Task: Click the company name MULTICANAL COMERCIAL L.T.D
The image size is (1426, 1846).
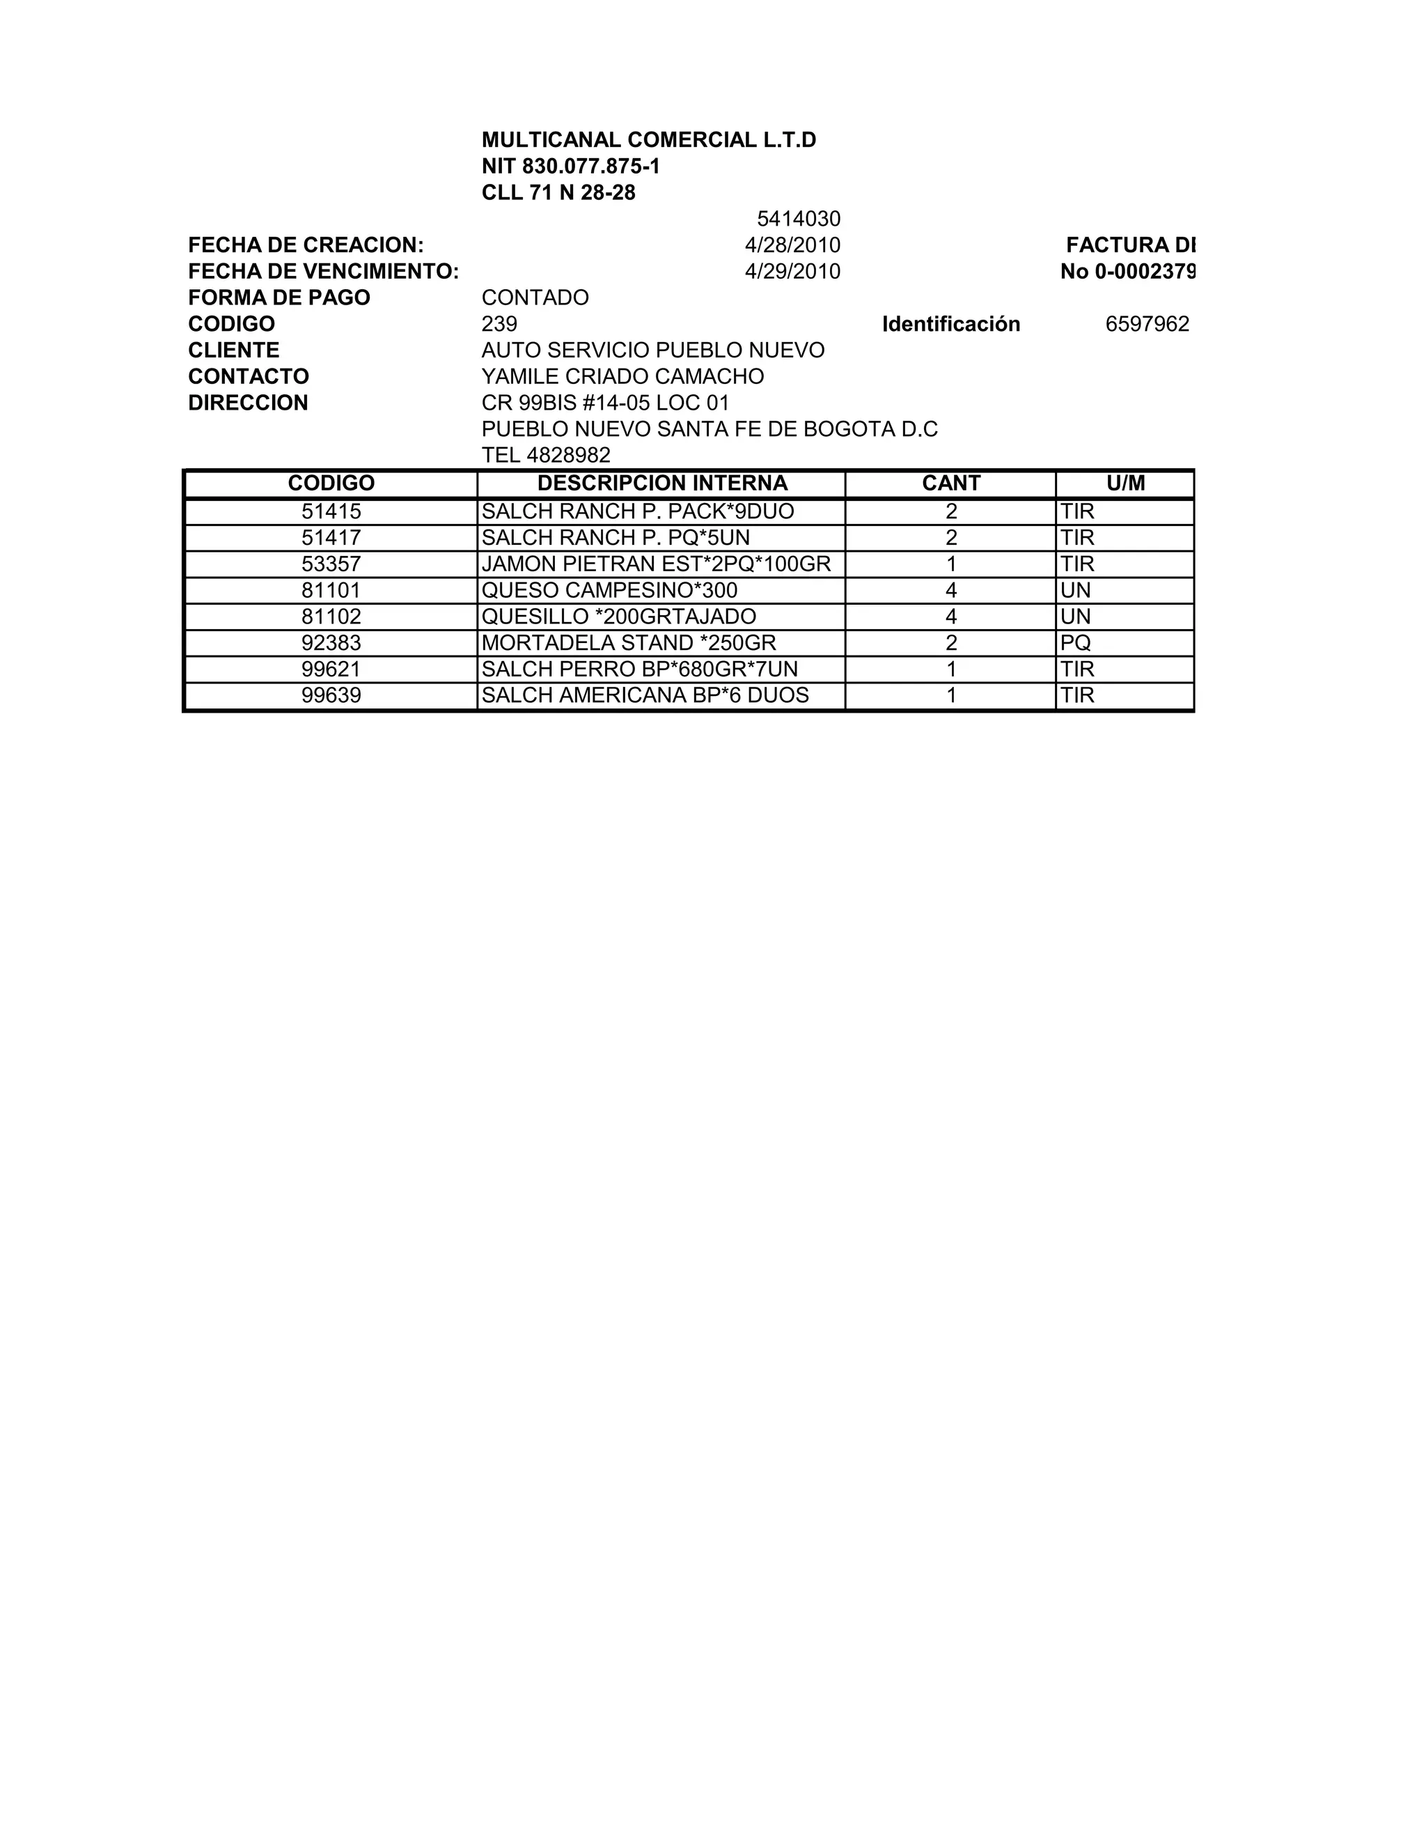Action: (649, 140)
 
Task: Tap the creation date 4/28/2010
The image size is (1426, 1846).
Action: (792, 245)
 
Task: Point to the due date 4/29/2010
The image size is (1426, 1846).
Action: (792, 271)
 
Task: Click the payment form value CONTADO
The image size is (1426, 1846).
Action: (535, 297)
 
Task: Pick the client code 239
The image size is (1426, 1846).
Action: (499, 324)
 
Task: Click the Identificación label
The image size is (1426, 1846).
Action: (950, 324)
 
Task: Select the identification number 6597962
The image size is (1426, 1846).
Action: (1146, 324)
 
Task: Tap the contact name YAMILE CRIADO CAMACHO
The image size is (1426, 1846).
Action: (622, 376)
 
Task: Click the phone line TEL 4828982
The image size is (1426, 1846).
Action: (546, 455)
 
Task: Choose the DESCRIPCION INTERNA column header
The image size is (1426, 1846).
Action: (661, 483)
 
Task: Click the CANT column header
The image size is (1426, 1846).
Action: (950, 483)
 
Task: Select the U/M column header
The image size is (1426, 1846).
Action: (1125, 483)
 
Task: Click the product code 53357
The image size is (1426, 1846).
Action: (331, 564)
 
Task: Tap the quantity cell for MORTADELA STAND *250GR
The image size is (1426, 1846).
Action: (950, 642)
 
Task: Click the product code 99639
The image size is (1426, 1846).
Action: (331, 695)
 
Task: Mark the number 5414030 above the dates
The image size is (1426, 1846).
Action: (799, 219)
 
